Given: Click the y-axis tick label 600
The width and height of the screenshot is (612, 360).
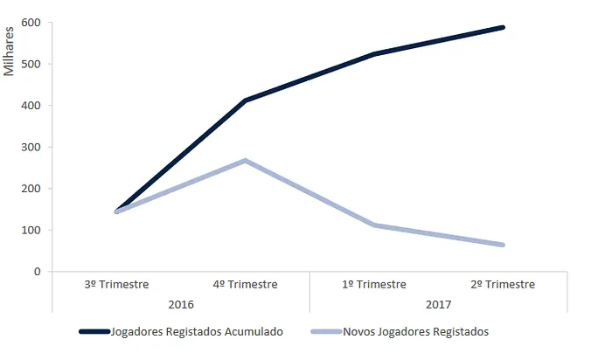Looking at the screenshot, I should pos(32,23).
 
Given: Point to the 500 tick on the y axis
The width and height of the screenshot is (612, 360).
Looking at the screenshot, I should pos(32,64).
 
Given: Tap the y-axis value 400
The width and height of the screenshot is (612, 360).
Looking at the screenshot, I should pos(32,106).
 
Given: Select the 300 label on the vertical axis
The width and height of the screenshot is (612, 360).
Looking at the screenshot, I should pos(32,147).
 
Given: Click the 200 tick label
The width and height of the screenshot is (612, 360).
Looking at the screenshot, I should pos(32,189).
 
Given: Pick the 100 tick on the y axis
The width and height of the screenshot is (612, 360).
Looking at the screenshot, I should pos(32,230).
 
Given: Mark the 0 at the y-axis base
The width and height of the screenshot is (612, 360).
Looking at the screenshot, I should pos(38,272).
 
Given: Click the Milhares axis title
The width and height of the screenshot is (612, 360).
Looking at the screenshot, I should pos(10,53).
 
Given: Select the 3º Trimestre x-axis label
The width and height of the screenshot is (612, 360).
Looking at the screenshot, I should pos(116,284).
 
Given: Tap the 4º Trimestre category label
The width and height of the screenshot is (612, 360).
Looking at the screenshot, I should pos(246,284).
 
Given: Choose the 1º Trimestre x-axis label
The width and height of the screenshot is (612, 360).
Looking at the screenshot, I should pos(374,284).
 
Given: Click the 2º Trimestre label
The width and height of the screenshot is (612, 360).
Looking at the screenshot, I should pos(503,284).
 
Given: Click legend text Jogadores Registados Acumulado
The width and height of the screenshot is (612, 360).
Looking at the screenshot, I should pos(199,332).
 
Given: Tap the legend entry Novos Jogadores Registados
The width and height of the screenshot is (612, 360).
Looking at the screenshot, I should pos(415,332).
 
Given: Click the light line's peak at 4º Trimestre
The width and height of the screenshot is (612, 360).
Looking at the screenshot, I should pos(246,161).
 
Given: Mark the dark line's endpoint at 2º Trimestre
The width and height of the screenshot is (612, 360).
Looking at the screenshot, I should pos(504,27).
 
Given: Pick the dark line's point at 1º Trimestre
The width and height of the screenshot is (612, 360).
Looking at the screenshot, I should pos(374,54).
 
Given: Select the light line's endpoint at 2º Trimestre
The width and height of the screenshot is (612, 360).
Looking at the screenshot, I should pos(504,245).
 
